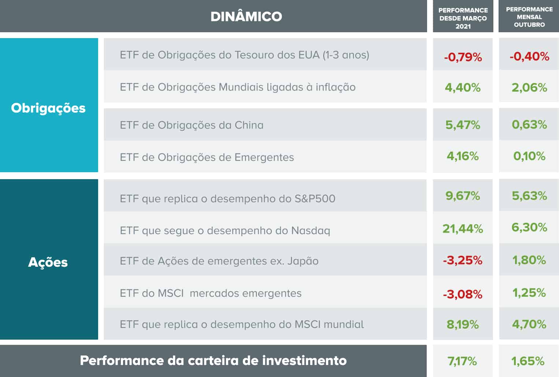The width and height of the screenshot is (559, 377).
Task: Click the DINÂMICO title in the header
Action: point(246,16)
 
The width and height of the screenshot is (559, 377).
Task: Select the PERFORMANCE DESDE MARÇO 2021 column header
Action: point(463,18)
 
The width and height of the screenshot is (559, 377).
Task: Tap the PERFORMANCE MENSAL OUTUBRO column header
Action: point(529,17)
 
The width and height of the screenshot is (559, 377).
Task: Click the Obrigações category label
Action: point(48,108)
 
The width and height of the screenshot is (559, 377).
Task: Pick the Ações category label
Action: point(48,262)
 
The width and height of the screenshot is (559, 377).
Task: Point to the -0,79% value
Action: point(463,57)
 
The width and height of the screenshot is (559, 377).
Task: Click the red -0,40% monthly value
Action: point(529,56)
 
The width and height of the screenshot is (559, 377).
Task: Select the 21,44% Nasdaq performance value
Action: point(463,229)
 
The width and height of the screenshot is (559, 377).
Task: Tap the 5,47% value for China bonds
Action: point(463,125)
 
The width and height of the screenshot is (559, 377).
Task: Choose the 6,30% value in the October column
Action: point(529,228)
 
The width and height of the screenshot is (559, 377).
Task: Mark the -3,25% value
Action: point(463,260)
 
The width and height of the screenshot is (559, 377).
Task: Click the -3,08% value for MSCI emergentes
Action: point(463,294)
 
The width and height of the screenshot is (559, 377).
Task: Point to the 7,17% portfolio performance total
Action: point(462,361)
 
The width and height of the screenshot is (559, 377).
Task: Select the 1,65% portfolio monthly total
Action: point(528,361)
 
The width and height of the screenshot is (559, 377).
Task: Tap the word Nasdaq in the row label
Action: point(311,231)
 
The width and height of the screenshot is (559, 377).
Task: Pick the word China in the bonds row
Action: point(249,125)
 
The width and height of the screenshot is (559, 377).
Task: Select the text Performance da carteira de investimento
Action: point(213,361)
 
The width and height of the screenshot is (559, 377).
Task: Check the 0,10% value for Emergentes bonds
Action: point(529,156)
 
